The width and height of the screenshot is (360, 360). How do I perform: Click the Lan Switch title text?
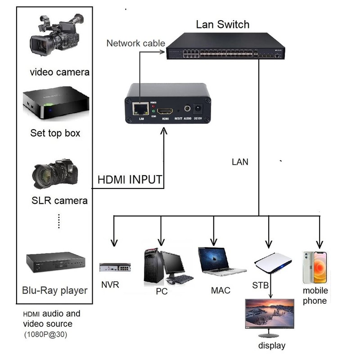coord(222,24)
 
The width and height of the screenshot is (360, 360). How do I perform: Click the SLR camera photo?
coord(55,174)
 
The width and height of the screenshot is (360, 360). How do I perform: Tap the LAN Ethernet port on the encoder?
coord(141,108)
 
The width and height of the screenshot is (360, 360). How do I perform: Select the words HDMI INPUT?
coord(130,180)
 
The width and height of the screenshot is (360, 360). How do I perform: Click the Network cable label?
coord(135,44)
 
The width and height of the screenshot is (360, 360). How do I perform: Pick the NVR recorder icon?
coord(114,268)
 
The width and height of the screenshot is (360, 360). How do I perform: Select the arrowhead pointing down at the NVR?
coord(114,243)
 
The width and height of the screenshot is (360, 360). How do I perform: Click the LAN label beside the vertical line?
coord(240,162)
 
